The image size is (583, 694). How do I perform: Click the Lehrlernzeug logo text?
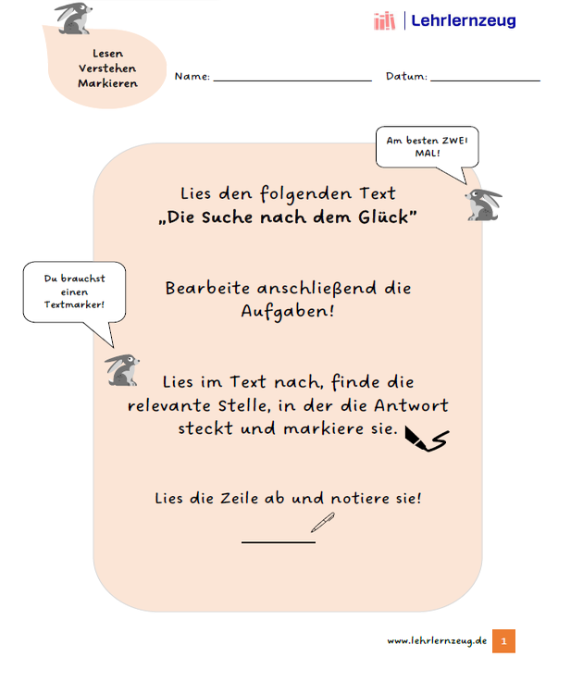(463, 20)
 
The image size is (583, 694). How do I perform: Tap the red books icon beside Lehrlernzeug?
(384, 20)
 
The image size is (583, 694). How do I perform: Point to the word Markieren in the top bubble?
(107, 83)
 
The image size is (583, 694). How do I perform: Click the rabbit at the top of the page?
(73, 19)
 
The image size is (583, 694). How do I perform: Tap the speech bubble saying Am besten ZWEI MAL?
(427, 146)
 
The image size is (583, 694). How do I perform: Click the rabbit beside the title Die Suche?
(483, 204)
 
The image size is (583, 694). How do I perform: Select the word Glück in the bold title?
(388, 217)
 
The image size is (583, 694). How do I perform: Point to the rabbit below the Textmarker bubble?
(123, 369)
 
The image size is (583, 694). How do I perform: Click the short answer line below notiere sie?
(278, 541)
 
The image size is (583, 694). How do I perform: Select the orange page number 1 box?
(503, 641)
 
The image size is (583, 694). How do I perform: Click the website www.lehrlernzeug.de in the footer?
(437, 641)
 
